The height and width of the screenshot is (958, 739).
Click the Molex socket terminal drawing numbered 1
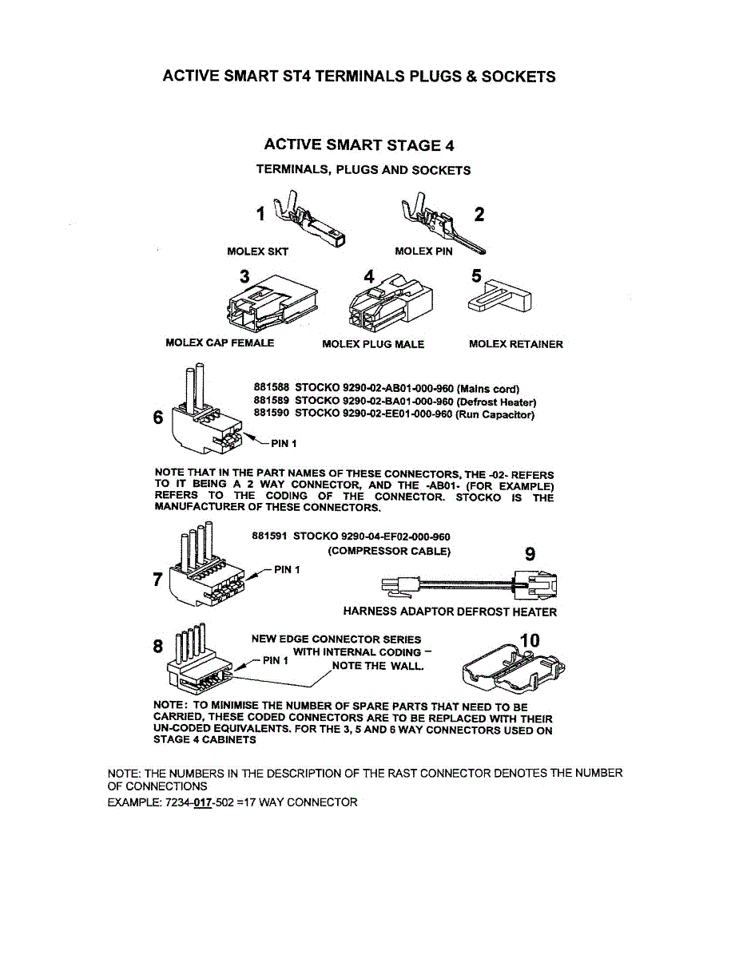(x=309, y=220)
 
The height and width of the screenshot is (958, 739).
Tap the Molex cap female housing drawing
(x=272, y=303)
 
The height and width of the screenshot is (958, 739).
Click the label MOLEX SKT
(x=258, y=251)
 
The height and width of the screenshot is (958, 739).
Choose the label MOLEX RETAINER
(x=516, y=344)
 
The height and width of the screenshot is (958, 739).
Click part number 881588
(x=272, y=387)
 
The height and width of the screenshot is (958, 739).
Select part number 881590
(x=272, y=413)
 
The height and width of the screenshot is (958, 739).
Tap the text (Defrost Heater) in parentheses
(x=496, y=402)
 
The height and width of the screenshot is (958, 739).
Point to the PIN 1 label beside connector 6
(x=284, y=444)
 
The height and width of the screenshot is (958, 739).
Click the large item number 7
(x=158, y=580)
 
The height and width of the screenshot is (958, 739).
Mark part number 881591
(x=269, y=536)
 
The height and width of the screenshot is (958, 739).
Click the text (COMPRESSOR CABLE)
(x=389, y=552)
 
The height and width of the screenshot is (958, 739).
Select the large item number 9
(x=530, y=554)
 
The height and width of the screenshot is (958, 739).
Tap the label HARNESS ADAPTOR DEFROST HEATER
(x=450, y=612)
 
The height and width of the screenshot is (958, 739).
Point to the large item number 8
(x=157, y=647)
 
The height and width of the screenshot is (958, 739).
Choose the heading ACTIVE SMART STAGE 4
(x=360, y=145)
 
